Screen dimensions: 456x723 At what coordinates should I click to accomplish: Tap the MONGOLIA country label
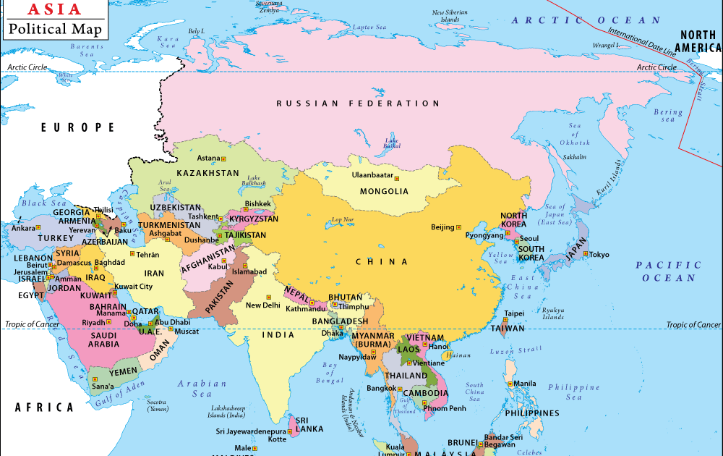(x=384, y=192)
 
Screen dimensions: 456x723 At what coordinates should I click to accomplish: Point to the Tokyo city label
(x=599, y=255)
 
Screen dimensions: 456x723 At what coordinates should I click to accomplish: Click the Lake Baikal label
(x=392, y=143)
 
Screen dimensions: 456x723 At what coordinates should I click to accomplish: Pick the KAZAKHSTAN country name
(x=208, y=174)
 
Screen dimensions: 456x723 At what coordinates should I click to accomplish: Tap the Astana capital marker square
(x=224, y=158)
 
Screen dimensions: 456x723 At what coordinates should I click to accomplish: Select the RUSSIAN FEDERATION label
(x=358, y=104)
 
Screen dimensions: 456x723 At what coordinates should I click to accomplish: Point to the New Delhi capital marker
(x=269, y=297)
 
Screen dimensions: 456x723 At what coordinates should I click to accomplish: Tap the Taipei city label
(x=514, y=313)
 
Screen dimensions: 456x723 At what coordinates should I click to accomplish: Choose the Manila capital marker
(x=510, y=383)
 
